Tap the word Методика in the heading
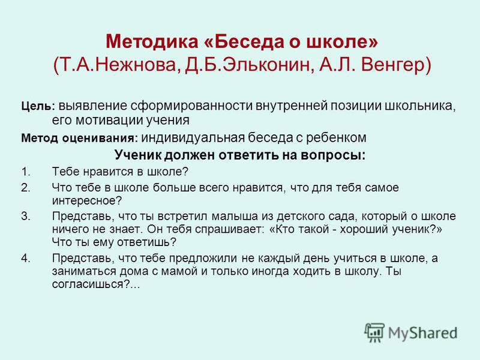152,41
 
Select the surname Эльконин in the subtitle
266,65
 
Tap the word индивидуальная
193,138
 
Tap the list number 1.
26,172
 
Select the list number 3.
26,216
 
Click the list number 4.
26,258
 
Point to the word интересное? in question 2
87,201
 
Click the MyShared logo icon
374,332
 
